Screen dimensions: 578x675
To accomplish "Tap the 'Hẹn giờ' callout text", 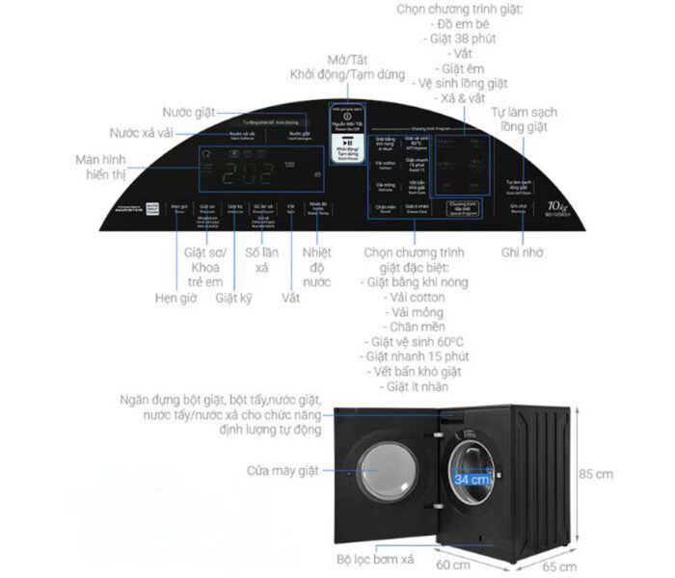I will [x=175, y=299].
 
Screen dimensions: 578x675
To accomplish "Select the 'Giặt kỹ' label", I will [x=233, y=299].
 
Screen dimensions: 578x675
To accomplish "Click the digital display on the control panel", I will [x=241, y=173].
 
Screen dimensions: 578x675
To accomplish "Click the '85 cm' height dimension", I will [x=595, y=474].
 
